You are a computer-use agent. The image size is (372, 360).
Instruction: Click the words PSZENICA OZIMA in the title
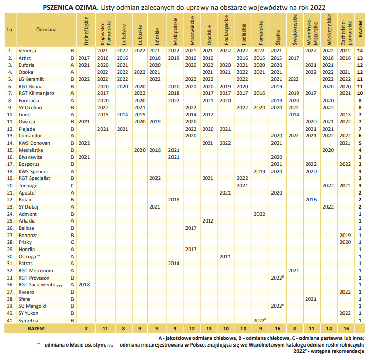pos(70,8)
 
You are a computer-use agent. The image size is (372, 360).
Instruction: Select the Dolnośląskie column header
pos(87,31)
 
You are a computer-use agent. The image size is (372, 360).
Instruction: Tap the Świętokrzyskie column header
pos(295,30)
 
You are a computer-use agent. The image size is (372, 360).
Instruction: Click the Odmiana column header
pos(47,30)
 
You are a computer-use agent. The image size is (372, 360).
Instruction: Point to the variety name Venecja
pos(27,51)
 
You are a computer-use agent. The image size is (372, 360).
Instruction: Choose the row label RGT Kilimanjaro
pos(36,93)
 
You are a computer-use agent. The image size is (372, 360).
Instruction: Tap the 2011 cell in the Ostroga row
pos(225,257)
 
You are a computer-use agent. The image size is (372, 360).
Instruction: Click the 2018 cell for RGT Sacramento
pos(84,285)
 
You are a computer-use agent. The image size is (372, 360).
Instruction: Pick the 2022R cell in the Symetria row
pos(260,321)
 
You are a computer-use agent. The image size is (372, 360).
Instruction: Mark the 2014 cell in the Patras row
pos(174,264)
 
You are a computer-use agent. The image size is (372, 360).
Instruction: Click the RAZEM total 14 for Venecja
pos(360,51)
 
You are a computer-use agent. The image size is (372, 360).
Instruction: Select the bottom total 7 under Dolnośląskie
pos(86,329)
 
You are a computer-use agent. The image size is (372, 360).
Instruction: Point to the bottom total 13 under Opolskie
pos(209,329)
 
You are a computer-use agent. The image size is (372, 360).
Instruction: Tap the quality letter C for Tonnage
pos(73,186)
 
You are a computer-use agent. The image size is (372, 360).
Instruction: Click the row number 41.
pos(10,321)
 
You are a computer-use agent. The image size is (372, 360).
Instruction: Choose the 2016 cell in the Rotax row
pos(311,200)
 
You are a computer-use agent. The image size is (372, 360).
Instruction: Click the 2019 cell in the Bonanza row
pos(345,236)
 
